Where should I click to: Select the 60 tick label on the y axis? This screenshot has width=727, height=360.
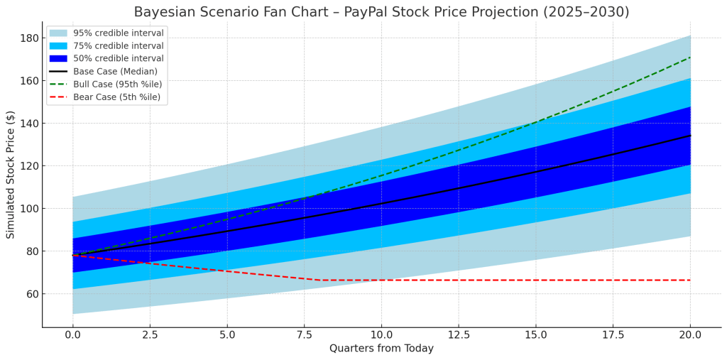(29, 294)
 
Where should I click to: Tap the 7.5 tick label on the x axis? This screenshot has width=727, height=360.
(304, 334)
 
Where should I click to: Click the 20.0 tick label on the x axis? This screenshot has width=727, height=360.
(690, 334)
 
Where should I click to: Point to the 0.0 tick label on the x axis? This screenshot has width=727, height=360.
(72, 334)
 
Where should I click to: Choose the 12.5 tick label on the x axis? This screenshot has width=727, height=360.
(459, 334)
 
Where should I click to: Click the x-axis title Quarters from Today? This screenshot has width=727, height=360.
(381, 349)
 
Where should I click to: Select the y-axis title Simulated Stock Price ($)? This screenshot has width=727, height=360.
(11, 174)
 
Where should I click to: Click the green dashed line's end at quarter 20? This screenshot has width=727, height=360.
(690, 58)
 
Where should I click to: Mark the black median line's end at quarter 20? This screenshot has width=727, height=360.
(690, 135)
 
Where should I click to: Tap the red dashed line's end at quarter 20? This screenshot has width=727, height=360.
(690, 280)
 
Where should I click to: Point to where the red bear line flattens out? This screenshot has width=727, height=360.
(319, 280)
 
